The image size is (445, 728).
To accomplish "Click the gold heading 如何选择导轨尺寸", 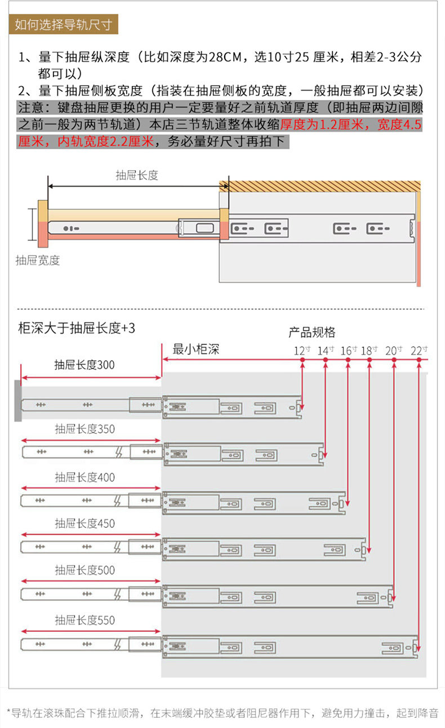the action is click(64, 24).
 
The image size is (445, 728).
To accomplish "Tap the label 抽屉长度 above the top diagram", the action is click(137, 175).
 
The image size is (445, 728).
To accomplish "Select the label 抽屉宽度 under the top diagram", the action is click(38, 260).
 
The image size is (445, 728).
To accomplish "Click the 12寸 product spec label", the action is click(302, 350).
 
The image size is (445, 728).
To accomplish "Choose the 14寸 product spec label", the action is click(326, 350).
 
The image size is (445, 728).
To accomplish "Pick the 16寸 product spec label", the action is click(349, 350).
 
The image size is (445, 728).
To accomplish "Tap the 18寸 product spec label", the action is click(369, 350).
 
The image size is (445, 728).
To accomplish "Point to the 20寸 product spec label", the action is click(394, 350).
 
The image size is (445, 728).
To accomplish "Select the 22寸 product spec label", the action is click(419, 350).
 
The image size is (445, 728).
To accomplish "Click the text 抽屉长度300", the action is click(84, 365).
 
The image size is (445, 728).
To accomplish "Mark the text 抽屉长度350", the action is click(85, 429).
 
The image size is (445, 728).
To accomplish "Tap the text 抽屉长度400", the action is click(85, 478).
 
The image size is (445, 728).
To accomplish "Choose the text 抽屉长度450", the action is click(85, 524).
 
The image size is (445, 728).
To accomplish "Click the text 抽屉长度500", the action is click(85, 570).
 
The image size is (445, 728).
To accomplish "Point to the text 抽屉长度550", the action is click(85, 620).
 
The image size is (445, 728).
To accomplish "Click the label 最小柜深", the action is click(196, 349).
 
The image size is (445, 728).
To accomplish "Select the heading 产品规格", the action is click(312, 332).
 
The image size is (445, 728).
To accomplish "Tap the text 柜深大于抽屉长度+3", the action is click(77, 328).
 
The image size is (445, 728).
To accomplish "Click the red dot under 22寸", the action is click(419, 359).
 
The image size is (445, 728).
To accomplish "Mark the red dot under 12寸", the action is click(302, 359).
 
